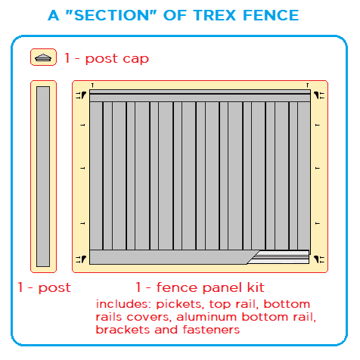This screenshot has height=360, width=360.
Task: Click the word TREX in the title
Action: pos(214,15)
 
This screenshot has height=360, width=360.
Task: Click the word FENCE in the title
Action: pos(271,15)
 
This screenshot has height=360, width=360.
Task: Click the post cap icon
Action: pos(43,57)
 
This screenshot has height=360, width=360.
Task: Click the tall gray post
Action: pos(43,176)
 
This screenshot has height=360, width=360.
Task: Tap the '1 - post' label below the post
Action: pos(44,288)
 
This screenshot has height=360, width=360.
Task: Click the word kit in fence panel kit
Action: pos(256,287)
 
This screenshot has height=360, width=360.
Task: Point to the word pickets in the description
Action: pos(180,304)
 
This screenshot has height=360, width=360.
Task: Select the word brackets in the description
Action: pos(123,330)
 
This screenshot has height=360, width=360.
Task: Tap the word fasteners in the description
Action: pos(211,330)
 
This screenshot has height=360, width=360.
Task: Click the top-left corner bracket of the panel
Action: pos(81,95)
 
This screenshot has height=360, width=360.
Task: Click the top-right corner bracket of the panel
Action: pos(319,95)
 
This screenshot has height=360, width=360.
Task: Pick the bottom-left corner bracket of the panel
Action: pos(81,259)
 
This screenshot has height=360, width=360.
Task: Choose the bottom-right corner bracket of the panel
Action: pos(319,259)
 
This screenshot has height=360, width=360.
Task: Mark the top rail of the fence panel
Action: pos(200,95)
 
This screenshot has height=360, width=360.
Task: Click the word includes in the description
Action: pos(123,304)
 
